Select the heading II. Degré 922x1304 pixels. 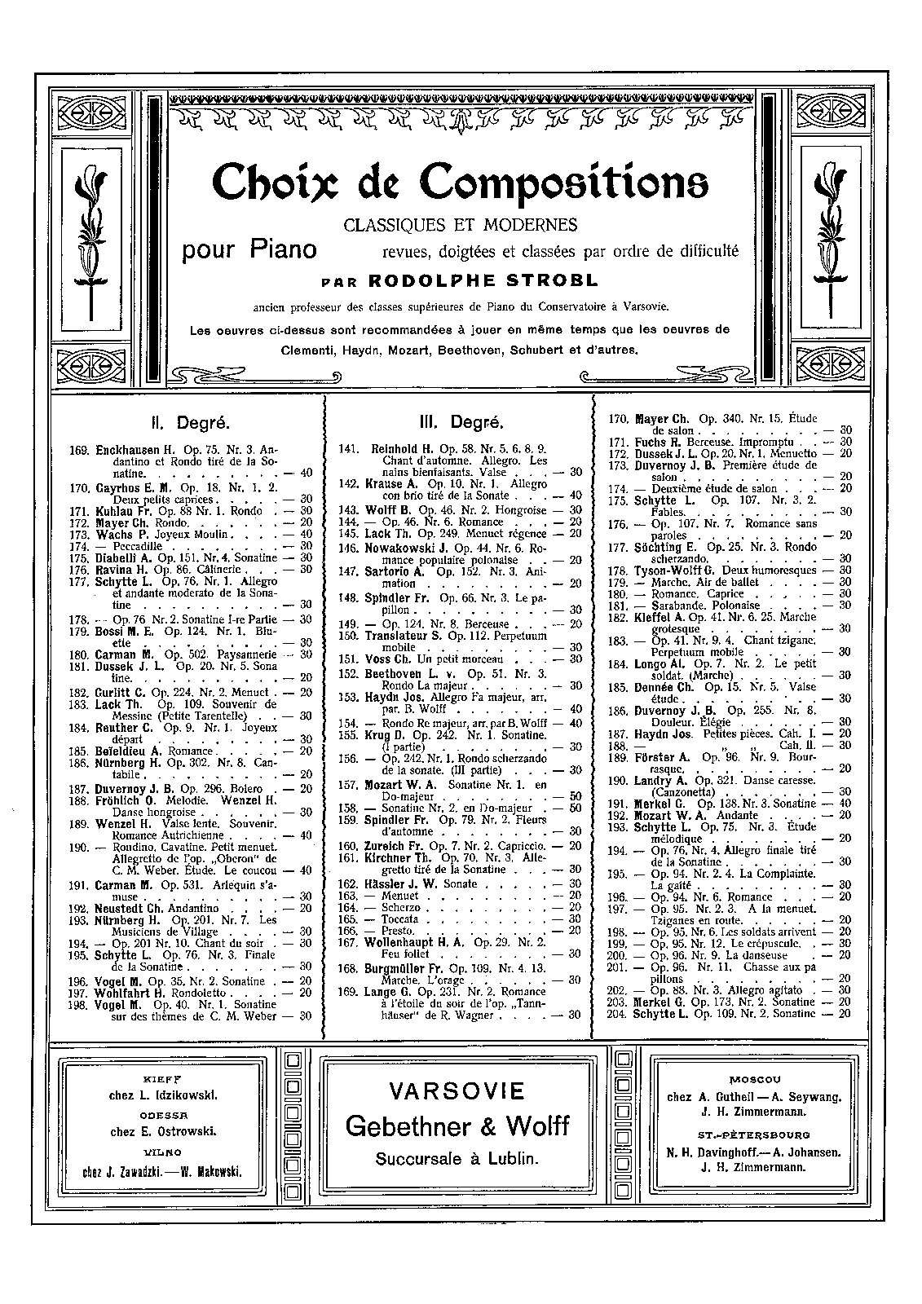point(190,423)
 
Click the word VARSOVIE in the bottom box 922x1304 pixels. point(457,1090)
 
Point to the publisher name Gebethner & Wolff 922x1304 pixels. point(457,1126)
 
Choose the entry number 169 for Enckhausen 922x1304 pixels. point(81,450)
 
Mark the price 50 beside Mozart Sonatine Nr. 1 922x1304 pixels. point(576,796)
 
